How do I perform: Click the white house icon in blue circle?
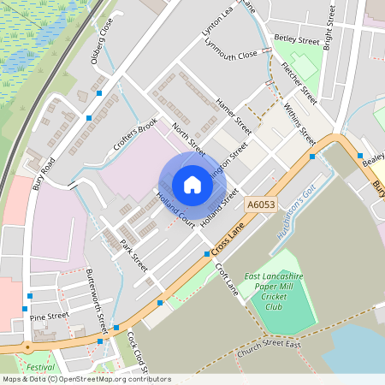192,184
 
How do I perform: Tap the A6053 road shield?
260,204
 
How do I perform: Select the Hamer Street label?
234,115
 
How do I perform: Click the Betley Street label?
296,39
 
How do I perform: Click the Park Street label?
134,256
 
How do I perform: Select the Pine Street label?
49,317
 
